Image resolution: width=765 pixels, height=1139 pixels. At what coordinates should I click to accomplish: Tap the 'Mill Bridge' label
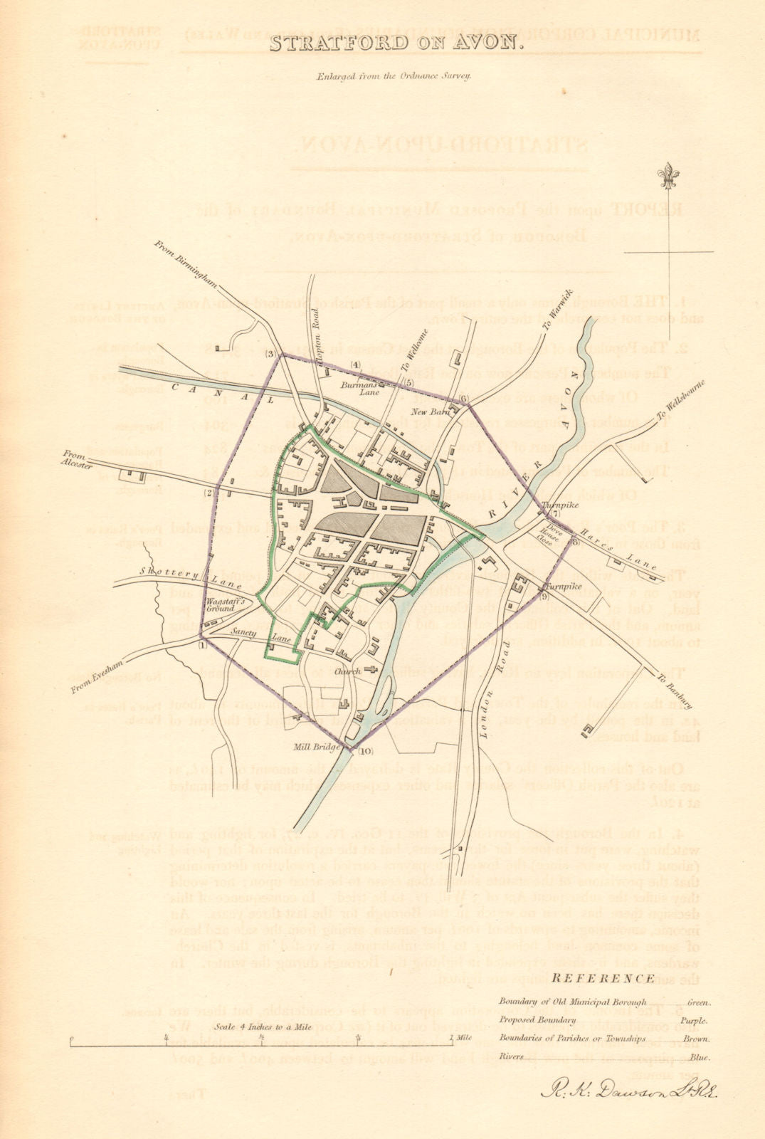pos(314,747)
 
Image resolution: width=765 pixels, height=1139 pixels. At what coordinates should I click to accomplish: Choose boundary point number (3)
pos(270,354)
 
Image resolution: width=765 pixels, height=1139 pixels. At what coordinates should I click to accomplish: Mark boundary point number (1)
pos(202,645)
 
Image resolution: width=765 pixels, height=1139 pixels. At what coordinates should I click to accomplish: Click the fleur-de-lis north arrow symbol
pos(668,174)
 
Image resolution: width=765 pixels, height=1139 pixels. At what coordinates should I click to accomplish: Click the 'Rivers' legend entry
pos(510,1056)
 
